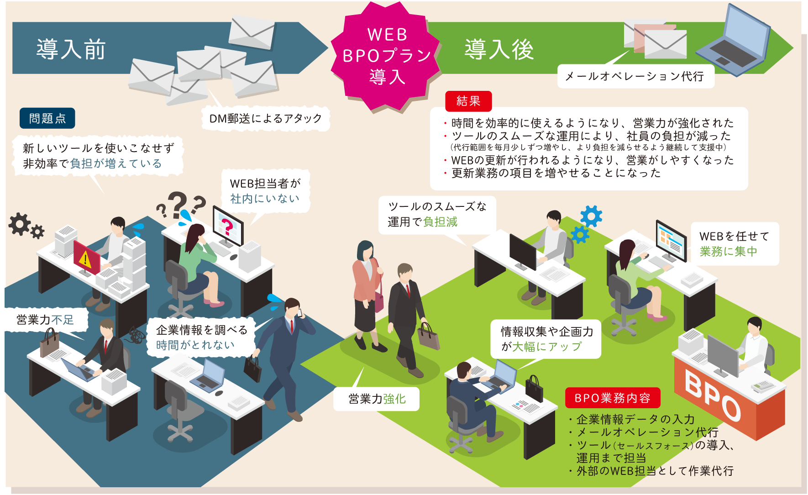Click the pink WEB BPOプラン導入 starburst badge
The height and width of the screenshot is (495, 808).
coord(386,56)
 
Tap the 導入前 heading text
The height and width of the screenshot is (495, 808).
coord(71,49)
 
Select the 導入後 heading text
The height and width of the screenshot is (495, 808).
coord(499,49)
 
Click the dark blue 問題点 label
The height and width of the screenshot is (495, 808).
coord(47,118)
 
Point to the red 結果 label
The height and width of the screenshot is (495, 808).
coord(468,101)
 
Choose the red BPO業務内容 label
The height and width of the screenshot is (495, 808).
coord(613,398)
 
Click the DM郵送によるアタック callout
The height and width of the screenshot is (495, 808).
coord(266,118)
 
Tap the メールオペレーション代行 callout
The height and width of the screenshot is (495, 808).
coord(635,76)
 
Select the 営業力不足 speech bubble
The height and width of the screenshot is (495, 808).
coord(45,320)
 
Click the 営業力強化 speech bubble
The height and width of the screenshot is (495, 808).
coord(377,399)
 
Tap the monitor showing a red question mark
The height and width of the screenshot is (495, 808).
coord(228,226)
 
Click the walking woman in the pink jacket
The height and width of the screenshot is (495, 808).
coord(366,295)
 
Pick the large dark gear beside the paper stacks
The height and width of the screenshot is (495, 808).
coord(20,224)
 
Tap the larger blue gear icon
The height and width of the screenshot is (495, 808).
coord(592,216)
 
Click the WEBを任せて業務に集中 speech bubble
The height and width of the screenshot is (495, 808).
coord(735,243)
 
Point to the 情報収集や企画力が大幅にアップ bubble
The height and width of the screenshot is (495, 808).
coord(546,339)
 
